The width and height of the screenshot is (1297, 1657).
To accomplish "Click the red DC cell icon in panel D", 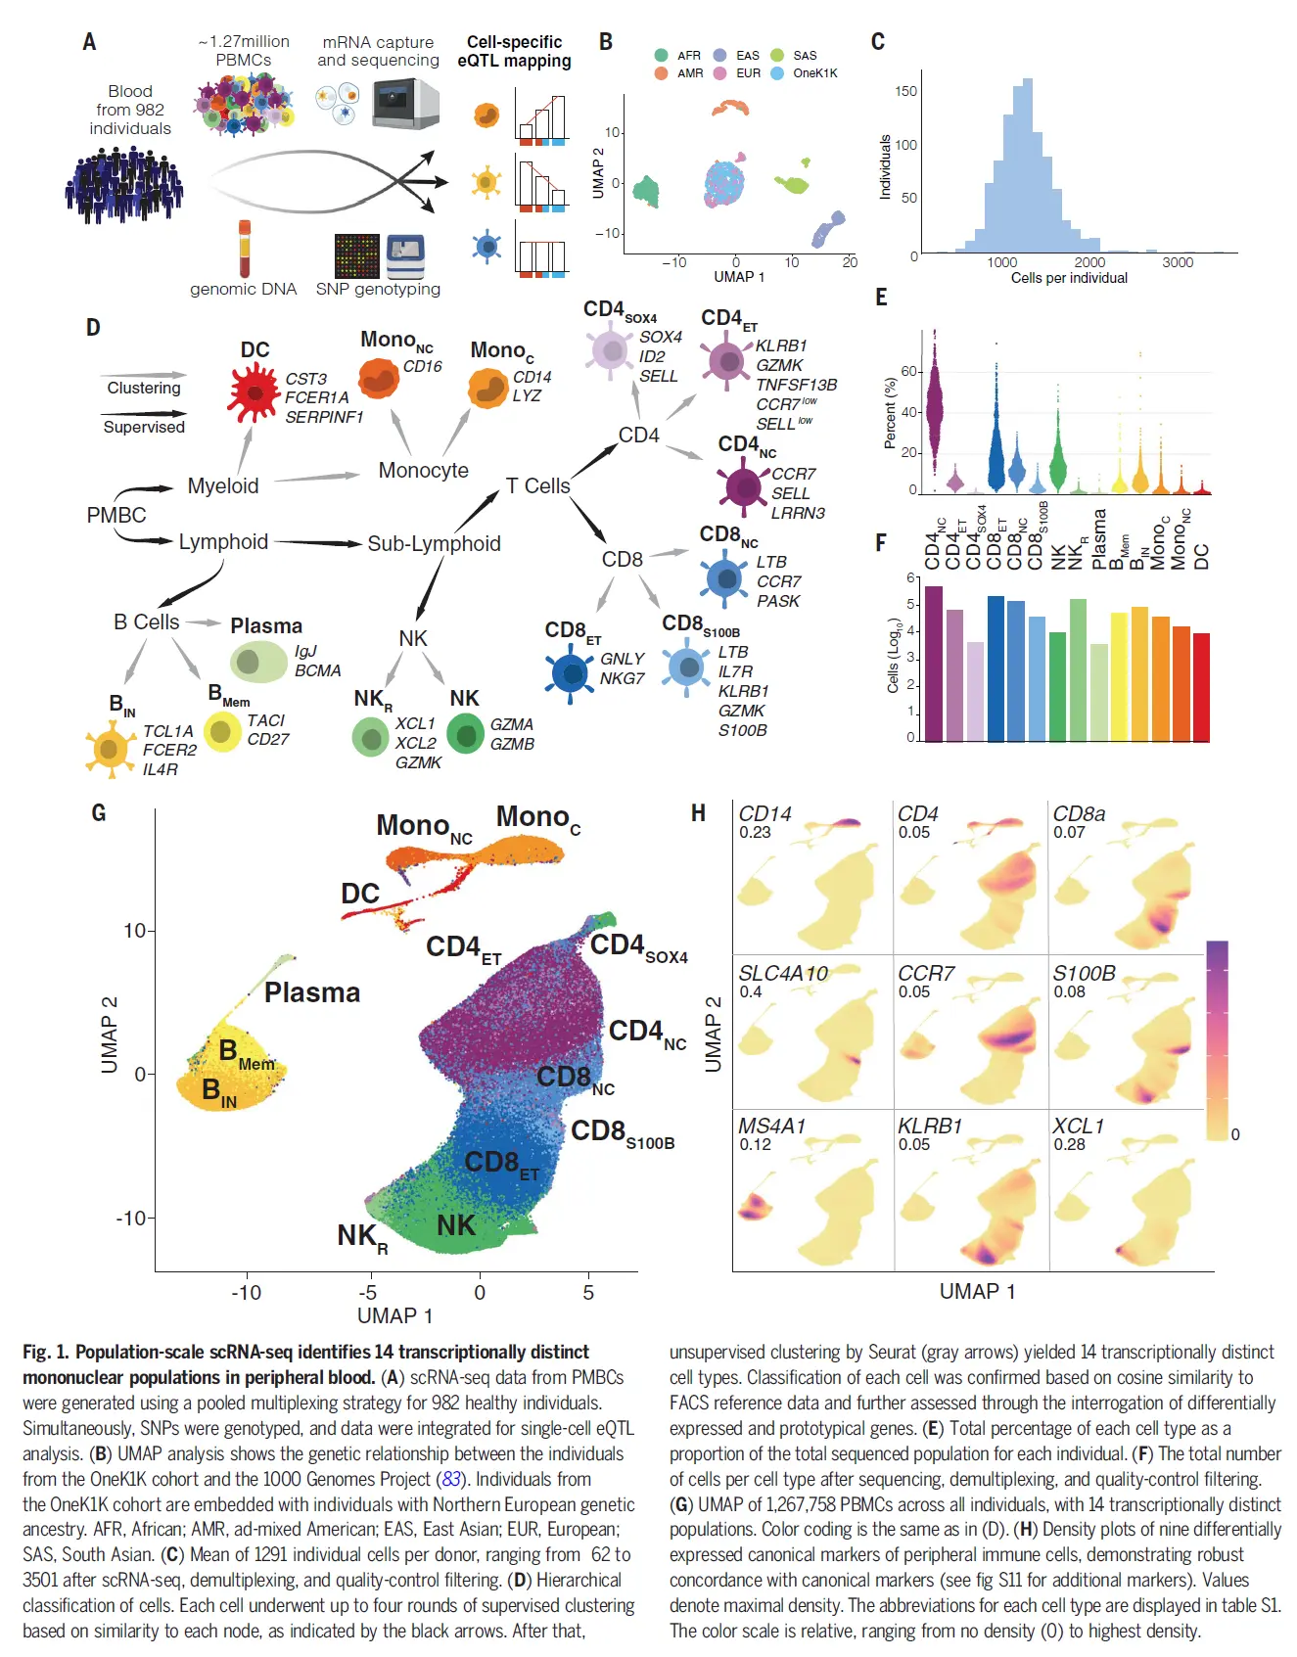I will pos(254,391).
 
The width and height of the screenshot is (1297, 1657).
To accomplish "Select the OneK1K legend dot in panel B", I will pos(777,73).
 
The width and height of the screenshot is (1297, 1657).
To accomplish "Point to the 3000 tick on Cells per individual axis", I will pos(1178,261).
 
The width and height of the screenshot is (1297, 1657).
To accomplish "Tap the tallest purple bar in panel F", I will pos(933,663).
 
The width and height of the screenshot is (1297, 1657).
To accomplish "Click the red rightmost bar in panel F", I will pos(1201,686).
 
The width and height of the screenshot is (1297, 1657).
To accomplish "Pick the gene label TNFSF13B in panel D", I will pos(796,385).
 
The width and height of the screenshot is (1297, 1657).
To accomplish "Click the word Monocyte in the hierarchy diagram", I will pos(423,471).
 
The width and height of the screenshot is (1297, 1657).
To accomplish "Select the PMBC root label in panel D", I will pos(116,515).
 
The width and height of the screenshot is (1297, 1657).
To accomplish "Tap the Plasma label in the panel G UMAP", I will pos(312,992).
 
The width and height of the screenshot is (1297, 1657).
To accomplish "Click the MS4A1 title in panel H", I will pos(771,1127).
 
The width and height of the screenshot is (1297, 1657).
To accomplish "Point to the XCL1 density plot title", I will pos(1078,1127).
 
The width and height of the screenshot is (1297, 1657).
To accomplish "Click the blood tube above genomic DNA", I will pos(244,249).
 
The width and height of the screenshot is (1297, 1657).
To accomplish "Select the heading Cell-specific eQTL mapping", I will pos(514,51).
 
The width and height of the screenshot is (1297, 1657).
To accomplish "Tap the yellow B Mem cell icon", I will pos(222,731).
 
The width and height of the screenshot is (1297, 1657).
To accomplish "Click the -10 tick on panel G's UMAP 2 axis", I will pos(131,1219).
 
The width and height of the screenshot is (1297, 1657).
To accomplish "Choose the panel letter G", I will pos(98,813).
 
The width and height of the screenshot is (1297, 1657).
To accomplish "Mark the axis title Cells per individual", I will pos(1069,278).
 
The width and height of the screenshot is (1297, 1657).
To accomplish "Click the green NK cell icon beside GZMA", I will pos(466,733).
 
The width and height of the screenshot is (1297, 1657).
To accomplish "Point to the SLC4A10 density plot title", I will pos(782,974).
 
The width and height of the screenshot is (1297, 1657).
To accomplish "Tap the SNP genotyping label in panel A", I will pos(378,290).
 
